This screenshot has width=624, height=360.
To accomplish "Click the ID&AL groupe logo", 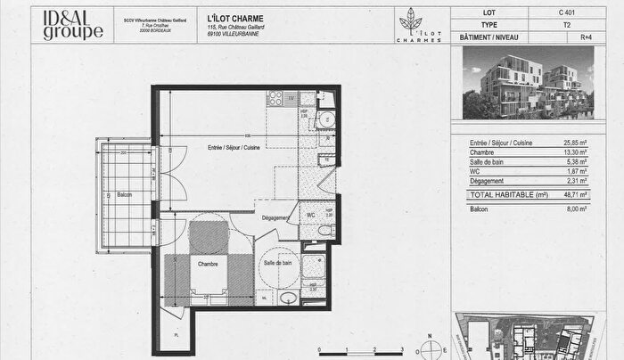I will click(73, 26).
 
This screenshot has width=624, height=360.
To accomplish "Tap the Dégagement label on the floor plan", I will click(275, 218).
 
